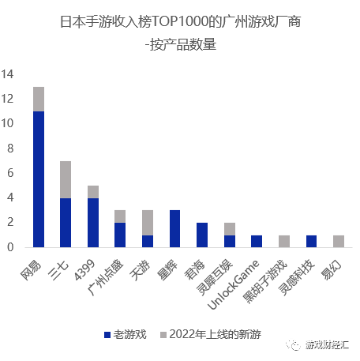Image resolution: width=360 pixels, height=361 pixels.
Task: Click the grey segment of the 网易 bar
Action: (39, 99)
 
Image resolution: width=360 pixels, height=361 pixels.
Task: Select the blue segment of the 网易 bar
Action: (39, 179)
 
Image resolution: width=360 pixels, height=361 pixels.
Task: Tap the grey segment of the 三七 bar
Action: (66, 179)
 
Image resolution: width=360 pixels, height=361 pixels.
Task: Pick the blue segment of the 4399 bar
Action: (93, 222)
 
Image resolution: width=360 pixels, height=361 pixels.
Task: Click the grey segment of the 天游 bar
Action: (148, 222)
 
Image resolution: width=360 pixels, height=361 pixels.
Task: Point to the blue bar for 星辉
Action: (175, 228)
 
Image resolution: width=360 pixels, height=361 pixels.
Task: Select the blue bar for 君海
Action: (202, 235)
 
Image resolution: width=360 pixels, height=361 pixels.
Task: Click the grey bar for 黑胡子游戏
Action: (284, 241)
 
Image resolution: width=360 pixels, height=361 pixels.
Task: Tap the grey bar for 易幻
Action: (339, 241)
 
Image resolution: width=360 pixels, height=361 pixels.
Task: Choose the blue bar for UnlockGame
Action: (257, 241)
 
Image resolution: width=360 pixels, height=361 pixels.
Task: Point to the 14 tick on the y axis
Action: (8, 74)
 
